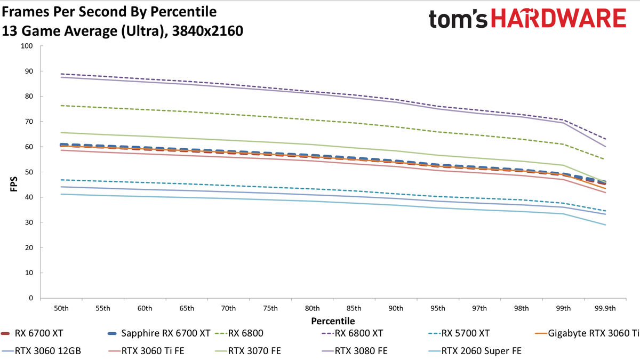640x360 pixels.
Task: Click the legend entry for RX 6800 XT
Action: [x=352, y=333]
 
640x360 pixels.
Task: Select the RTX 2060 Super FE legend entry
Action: [x=475, y=351]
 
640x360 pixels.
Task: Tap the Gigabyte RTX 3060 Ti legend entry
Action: [x=587, y=333]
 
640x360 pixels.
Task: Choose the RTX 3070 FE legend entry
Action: [x=247, y=351]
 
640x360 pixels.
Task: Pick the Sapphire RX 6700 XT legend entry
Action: [x=159, y=333]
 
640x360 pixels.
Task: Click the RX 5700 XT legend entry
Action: [x=459, y=333]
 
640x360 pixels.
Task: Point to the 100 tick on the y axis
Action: [x=27, y=46]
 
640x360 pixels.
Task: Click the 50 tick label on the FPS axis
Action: [x=29, y=172]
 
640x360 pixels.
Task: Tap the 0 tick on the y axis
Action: [x=31, y=298]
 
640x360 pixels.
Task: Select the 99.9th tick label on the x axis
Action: [x=605, y=309]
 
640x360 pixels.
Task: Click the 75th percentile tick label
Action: [x=270, y=309]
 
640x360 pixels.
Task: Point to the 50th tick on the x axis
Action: [x=61, y=309]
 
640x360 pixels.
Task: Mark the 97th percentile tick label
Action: [x=479, y=309]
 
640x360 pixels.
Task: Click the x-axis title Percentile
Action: [x=333, y=321]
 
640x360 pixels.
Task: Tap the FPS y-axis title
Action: [x=14, y=183]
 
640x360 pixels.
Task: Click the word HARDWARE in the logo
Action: [x=558, y=18]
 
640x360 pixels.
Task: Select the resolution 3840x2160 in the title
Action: [x=207, y=31]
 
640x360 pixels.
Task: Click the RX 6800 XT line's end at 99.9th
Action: [x=605, y=139]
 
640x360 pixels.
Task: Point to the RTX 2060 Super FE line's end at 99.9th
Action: [x=605, y=225]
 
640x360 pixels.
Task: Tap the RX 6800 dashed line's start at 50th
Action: [x=61, y=106]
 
